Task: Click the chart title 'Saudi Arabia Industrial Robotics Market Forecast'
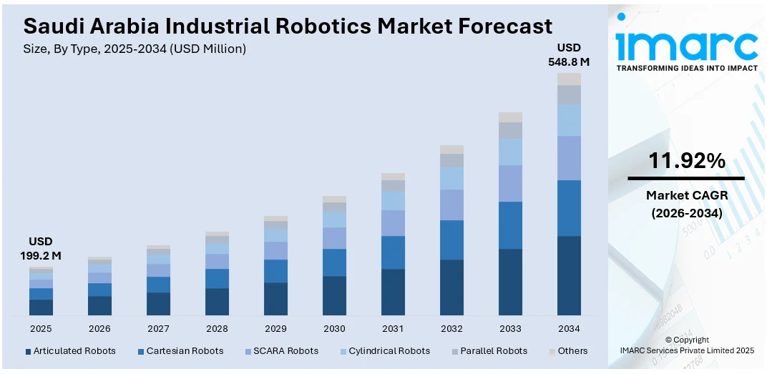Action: [288, 26]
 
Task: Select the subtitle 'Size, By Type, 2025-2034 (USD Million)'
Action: [135, 49]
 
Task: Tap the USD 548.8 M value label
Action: [569, 54]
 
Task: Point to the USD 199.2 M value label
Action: [41, 248]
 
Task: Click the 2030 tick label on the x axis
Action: [334, 328]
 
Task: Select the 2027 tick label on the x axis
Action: [158, 328]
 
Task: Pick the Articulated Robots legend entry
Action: [70, 351]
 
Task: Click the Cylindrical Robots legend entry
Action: [385, 351]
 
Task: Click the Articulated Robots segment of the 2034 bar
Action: [569, 275]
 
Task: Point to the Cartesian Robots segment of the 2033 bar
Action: [510, 225]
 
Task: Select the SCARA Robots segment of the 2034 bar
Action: [569, 158]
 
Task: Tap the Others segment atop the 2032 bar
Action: [451, 149]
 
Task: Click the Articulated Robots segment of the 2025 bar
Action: [41, 307]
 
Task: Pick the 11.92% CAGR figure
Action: [686, 161]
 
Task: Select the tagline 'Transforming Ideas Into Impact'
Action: [686, 68]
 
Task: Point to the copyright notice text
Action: [686, 345]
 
